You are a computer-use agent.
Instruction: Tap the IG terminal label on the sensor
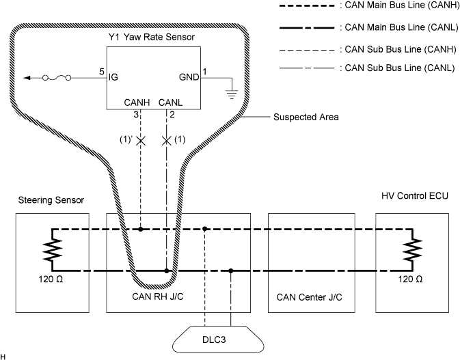pyautogui.click(x=113, y=78)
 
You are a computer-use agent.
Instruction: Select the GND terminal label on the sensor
pyautogui.click(x=189, y=78)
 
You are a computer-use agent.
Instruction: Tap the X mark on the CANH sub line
pyautogui.click(x=141, y=141)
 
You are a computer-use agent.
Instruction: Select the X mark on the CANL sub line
pyautogui.click(x=166, y=141)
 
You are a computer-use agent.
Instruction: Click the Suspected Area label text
pyautogui.click(x=306, y=117)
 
